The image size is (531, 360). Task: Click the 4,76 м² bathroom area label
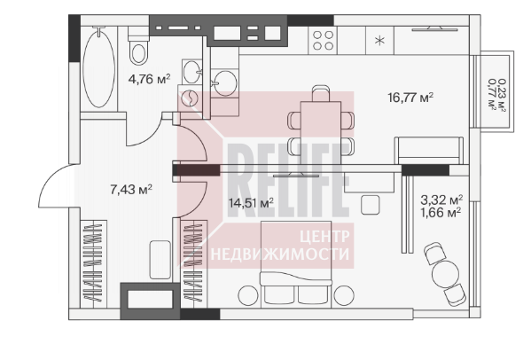149,79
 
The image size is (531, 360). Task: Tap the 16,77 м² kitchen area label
410,98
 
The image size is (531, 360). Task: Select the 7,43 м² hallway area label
131,190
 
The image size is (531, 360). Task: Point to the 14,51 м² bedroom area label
251,203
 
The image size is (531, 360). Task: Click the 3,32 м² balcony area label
441,200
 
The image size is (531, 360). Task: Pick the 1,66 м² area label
441,213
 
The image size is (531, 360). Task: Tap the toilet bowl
138,46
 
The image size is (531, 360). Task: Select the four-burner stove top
323,40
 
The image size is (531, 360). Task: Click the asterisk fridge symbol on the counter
380,41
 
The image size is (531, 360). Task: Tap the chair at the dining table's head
321,93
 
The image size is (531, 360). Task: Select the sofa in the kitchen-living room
429,151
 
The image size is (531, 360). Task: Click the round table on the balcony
445,272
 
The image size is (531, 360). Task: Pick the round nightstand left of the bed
248,295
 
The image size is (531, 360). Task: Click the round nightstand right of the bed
344,295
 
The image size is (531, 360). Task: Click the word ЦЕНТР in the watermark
324,237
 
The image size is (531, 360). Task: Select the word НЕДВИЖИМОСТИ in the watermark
280,254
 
